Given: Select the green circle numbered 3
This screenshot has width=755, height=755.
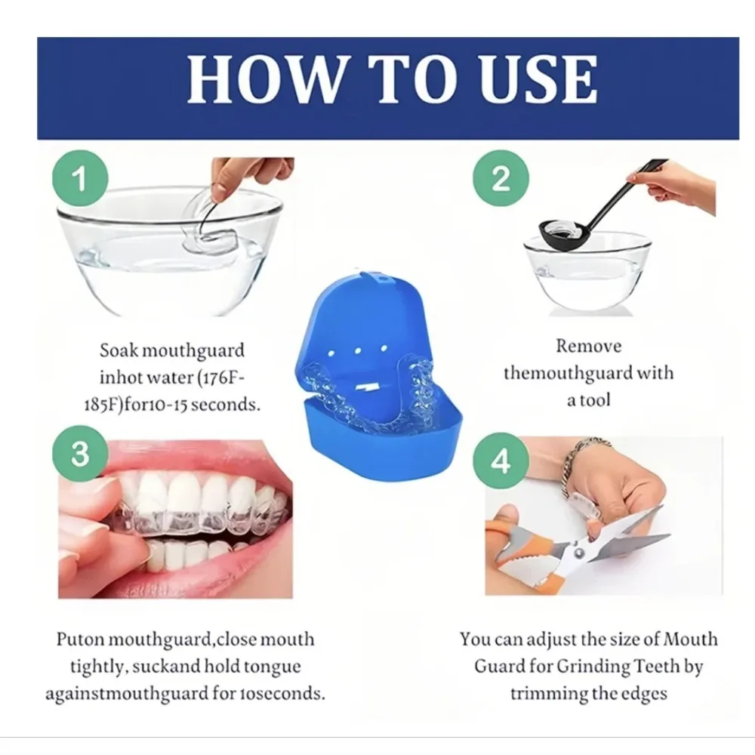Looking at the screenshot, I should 79,454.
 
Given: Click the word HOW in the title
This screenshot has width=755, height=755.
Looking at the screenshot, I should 248,79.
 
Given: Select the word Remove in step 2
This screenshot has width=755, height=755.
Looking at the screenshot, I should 589,347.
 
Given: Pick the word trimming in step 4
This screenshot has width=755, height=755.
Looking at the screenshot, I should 545,693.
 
